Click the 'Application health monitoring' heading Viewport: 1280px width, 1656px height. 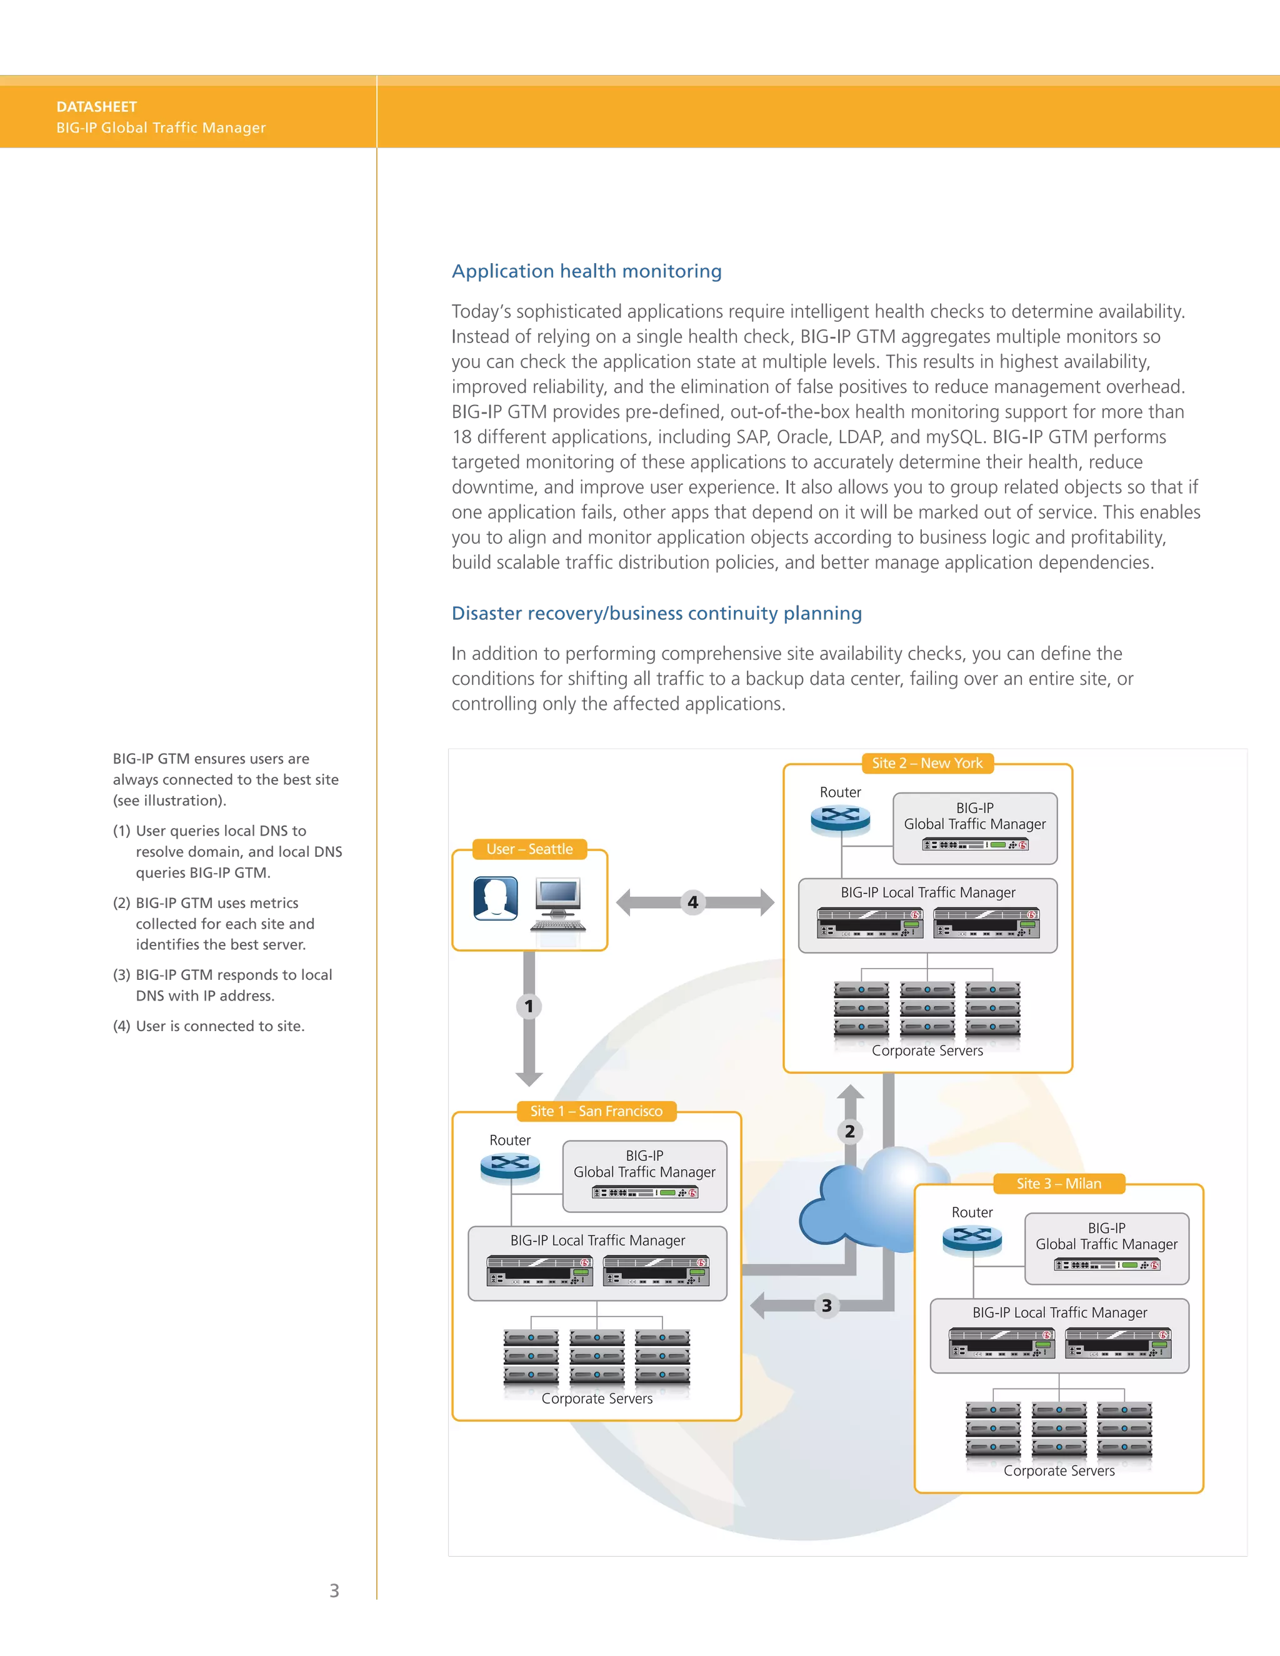point(587,271)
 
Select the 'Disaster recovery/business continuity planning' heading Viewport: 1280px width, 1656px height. point(657,614)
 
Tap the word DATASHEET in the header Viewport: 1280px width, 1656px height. point(96,107)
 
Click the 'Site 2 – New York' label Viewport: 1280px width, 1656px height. point(927,764)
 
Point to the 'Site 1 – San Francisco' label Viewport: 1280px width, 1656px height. point(596,1112)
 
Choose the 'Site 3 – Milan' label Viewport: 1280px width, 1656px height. point(1059,1184)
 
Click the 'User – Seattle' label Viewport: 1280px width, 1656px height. point(529,849)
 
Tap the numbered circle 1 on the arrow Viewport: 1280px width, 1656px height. point(529,1007)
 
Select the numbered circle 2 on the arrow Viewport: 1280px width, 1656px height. point(850,1131)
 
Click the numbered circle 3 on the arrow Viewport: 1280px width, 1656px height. point(826,1305)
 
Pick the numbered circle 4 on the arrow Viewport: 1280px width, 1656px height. point(692,902)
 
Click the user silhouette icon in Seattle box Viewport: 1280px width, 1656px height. point(495,899)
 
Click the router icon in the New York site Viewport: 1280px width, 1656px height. point(840,819)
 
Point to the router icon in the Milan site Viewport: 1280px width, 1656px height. point(972,1240)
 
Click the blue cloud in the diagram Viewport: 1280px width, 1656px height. point(864,1198)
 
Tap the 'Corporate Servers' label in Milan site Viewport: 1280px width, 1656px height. point(1059,1471)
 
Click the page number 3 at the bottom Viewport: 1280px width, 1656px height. point(334,1590)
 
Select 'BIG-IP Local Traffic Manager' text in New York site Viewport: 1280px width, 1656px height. point(927,892)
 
